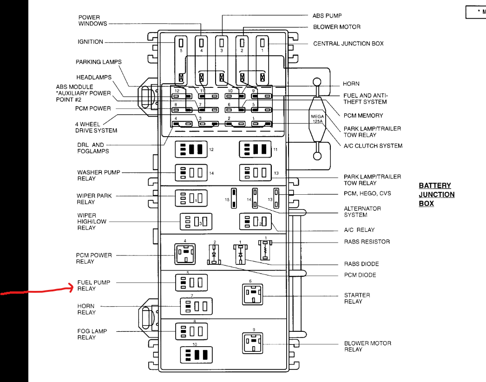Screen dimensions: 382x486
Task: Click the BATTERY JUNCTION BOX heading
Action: [436, 194]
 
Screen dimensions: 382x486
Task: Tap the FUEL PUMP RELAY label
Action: [93, 285]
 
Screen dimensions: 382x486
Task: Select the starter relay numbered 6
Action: [252, 294]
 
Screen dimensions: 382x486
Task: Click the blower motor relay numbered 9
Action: [252, 343]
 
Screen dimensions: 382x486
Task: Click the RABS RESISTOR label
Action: [367, 242]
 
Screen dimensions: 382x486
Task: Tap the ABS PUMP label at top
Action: [327, 16]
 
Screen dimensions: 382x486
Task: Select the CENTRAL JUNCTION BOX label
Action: [348, 44]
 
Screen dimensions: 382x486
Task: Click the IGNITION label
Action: [90, 42]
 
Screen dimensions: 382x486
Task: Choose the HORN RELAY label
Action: [86, 309]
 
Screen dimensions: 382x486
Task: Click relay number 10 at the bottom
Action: [196, 355]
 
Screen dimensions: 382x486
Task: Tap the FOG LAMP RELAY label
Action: [92, 334]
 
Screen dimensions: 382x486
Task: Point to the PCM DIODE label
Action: [360, 275]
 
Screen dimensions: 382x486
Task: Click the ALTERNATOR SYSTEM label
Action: [362, 211]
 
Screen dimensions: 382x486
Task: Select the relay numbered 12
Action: [191, 149]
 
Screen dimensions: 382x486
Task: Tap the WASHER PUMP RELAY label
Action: [99, 175]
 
